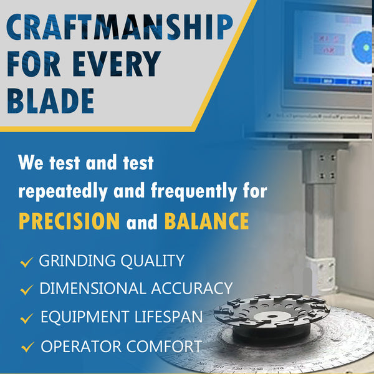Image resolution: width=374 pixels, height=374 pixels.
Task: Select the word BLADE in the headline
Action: [51, 100]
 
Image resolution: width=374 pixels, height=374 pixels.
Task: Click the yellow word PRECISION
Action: [69, 221]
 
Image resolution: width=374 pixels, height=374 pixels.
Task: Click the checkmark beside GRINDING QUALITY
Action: [26, 262]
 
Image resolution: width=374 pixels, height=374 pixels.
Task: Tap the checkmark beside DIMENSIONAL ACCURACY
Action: [26, 290]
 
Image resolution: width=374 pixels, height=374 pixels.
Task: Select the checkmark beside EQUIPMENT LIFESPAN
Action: [26, 319]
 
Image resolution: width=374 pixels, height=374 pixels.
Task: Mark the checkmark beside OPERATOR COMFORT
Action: [26, 347]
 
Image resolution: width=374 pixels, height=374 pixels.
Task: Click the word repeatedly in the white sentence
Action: [66, 191]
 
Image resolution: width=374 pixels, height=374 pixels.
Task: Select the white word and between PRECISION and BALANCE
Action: [142, 222]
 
